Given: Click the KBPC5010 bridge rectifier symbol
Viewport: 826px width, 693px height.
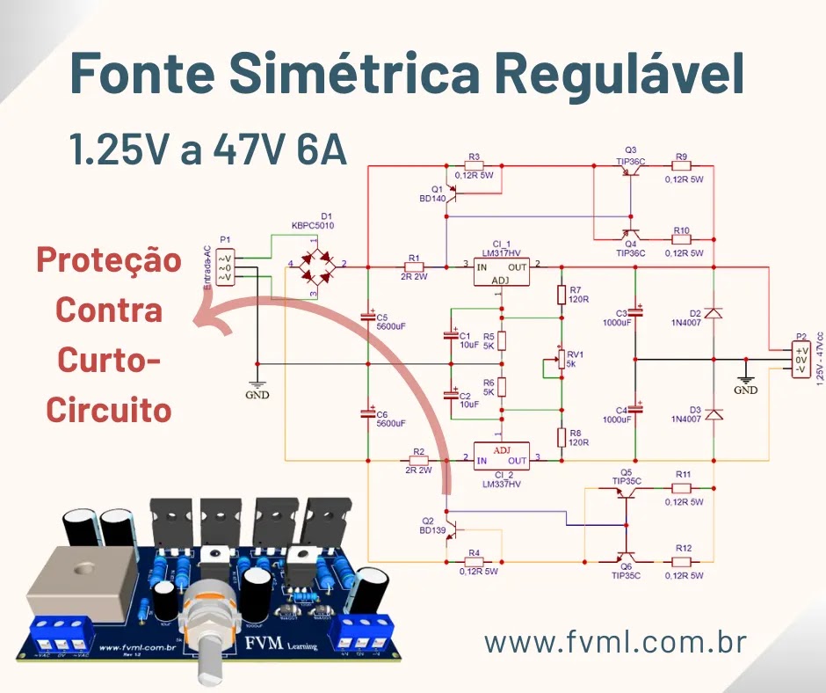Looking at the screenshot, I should click(x=317, y=264).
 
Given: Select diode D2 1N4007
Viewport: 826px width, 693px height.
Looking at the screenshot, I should click(x=713, y=313).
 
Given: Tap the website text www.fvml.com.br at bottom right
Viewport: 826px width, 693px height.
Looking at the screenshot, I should click(x=615, y=643).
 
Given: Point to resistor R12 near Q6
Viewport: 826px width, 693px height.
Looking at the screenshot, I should click(x=683, y=561).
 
